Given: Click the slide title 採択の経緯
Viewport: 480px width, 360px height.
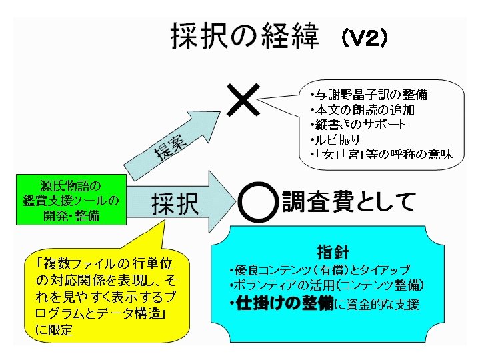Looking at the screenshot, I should coord(249,37).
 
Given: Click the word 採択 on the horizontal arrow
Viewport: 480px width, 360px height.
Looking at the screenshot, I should coord(175,204).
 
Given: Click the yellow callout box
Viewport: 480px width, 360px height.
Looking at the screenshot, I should coord(107,293).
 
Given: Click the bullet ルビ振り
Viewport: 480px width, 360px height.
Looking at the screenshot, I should coord(335,139).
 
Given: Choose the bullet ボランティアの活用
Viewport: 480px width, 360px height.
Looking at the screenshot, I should coord(326,285).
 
